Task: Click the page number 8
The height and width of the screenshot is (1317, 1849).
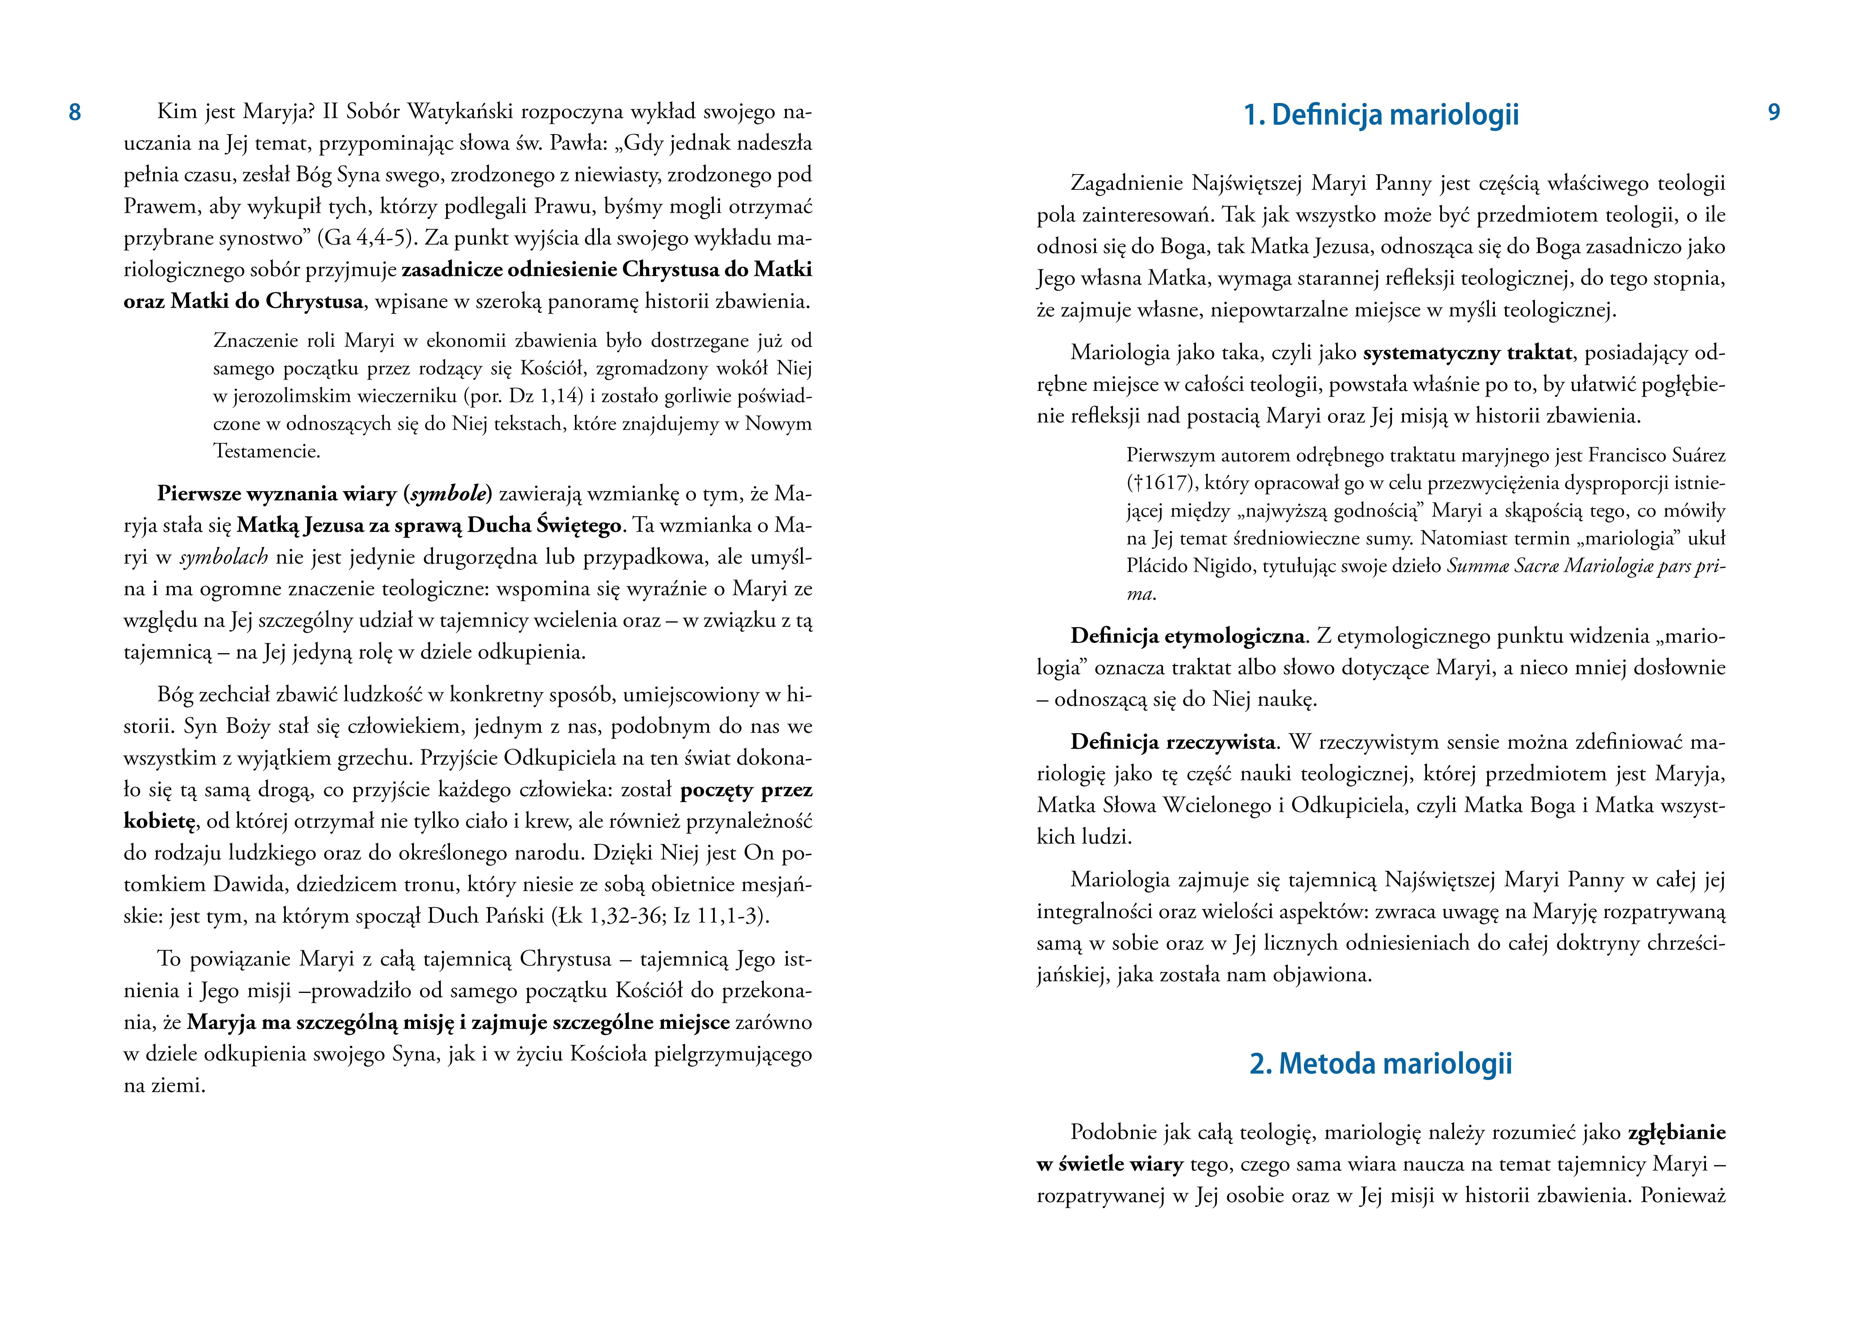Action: point(74,113)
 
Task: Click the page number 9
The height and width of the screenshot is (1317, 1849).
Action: point(1774,113)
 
